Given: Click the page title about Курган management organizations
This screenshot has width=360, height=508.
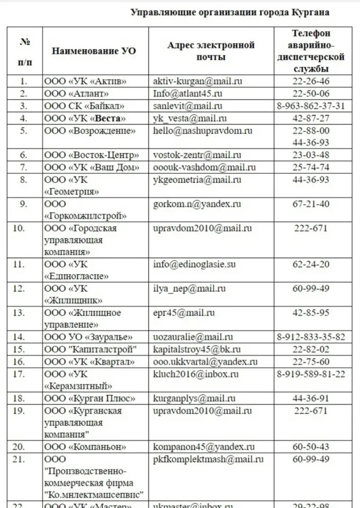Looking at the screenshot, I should tap(230, 12).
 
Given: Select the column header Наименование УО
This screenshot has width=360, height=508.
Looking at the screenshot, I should tap(93, 51).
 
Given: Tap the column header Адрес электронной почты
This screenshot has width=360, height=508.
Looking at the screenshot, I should tap(211, 51).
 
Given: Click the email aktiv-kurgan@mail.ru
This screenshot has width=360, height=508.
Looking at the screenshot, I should tap(198, 81).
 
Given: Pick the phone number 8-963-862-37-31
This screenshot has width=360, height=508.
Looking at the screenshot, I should tap(311, 106).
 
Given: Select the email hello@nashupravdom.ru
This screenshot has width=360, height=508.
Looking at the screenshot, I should tap(203, 130).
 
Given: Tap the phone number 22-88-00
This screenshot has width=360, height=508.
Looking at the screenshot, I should tap(311, 130).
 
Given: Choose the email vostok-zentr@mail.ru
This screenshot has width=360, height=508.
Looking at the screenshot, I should tap(197, 155).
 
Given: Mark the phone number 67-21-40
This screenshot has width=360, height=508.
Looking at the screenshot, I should tap(311, 204).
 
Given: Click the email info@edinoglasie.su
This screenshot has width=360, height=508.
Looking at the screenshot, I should tap(194, 264).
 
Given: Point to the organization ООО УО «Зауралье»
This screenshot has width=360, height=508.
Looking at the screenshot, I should tap(88, 337).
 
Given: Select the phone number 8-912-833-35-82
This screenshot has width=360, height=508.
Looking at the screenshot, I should tap(311, 337).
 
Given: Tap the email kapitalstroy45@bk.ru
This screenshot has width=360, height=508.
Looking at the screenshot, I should tap(197, 350).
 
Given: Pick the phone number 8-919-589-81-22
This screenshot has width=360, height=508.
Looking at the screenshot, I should tap(311, 374).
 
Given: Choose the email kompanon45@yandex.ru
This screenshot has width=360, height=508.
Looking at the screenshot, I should tap(204, 447).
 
